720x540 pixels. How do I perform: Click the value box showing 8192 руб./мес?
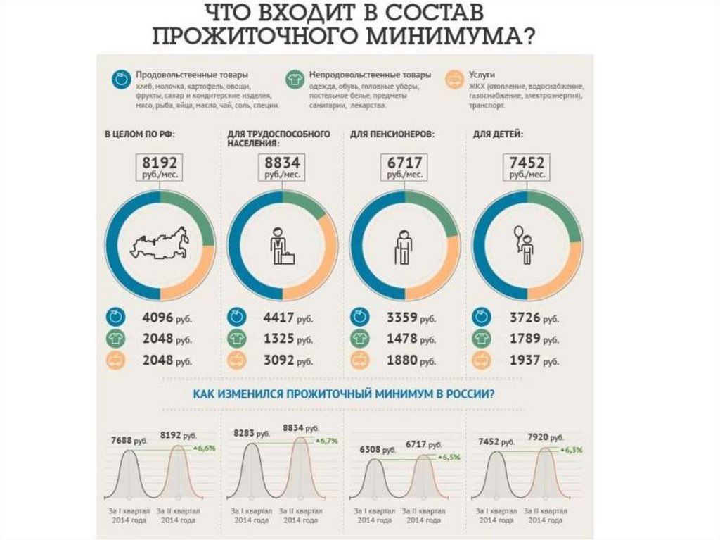(x=160, y=167)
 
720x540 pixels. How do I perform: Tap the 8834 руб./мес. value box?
(x=283, y=167)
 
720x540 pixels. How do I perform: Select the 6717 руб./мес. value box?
(x=405, y=167)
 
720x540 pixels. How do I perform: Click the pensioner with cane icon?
(x=404, y=246)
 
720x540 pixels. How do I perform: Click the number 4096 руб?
(x=169, y=318)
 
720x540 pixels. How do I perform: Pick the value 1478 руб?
(x=411, y=339)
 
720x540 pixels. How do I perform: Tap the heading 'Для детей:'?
(x=498, y=133)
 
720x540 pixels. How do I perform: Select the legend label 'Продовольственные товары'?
(x=191, y=74)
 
